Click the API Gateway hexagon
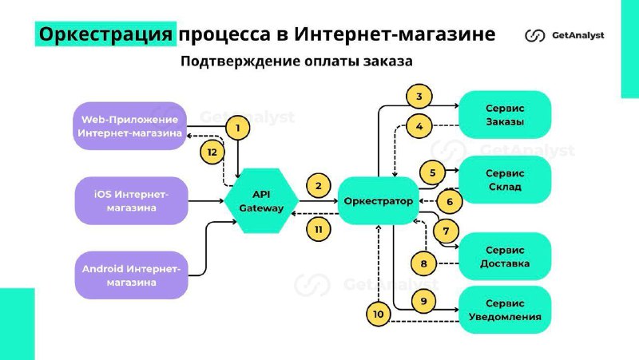click(262, 201)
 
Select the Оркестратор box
click(379, 201)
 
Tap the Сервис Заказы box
click(504, 114)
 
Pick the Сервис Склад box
click(504, 180)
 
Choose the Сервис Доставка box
click(504, 255)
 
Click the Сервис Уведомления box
click(504, 310)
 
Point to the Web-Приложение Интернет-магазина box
click(131, 126)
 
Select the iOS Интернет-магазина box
click(131, 201)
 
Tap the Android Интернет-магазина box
click(131, 275)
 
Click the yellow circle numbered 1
click(236, 126)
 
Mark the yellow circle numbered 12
click(211, 152)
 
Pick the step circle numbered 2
click(318, 186)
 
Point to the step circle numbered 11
click(318, 229)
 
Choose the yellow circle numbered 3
click(419, 97)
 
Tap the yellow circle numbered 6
click(450, 202)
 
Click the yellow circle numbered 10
click(379, 315)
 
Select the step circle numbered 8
click(423, 263)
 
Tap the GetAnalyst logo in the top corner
click(564, 35)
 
